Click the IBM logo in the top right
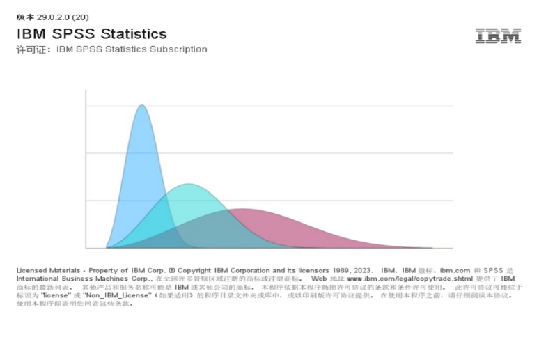[498, 36]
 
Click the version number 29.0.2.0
[54, 17]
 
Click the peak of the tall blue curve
[141, 106]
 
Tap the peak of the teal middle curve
[188, 185]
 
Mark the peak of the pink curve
[244, 209]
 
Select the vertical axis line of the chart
[86, 167]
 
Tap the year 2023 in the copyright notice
[362, 270]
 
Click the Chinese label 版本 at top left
[25, 17]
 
